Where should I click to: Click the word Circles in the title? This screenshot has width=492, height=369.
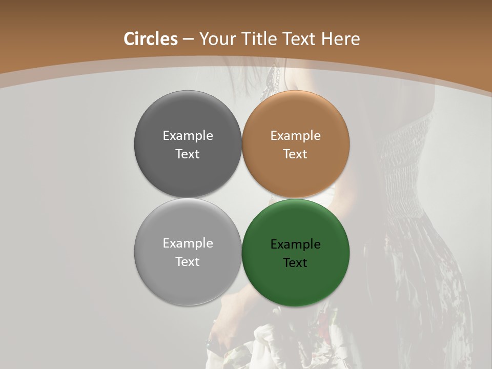(150, 39)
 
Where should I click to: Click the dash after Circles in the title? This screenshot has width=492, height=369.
(188, 39)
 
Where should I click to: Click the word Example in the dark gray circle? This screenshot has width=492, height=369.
(188, 135)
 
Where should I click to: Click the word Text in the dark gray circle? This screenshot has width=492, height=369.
(188, 154)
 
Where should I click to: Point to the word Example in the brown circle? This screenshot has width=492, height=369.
(295, 135)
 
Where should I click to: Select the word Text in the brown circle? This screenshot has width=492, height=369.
(295, 154)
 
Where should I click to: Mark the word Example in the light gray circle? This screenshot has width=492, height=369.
(188, 243)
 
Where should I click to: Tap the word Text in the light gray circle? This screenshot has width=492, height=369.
(188, 261)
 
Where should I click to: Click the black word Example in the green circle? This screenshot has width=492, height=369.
(295, 244)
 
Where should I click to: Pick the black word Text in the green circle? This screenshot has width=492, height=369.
(295, 262)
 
